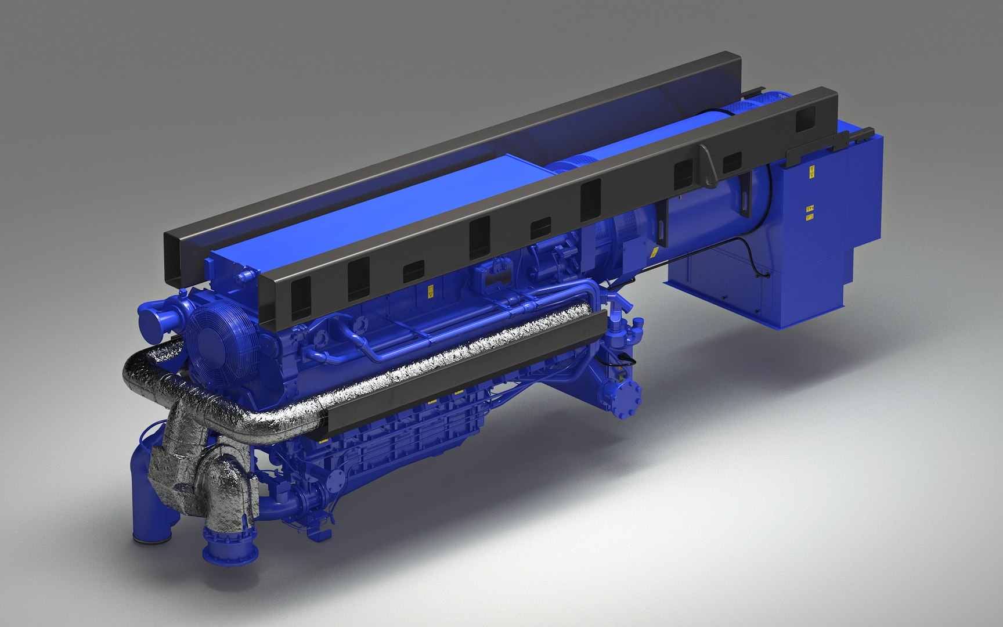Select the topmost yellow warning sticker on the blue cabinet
tap(811, 171)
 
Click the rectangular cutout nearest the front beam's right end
tap(806, 120)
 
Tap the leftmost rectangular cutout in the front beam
tap(301, 298)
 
